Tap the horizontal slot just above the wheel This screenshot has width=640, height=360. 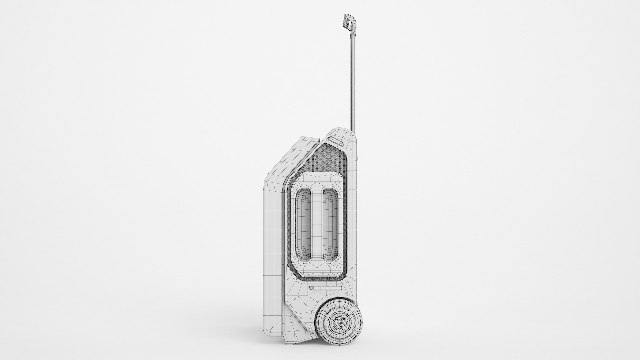pos(325,288)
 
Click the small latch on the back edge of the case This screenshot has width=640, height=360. pos(357,157)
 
